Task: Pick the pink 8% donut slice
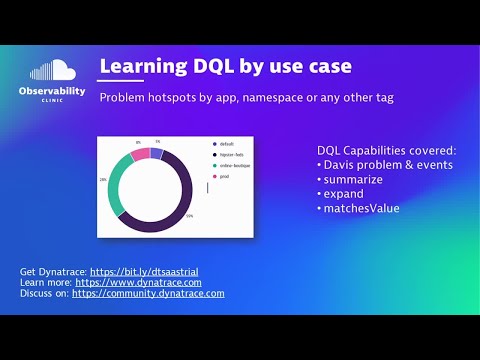tap(140, 154)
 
